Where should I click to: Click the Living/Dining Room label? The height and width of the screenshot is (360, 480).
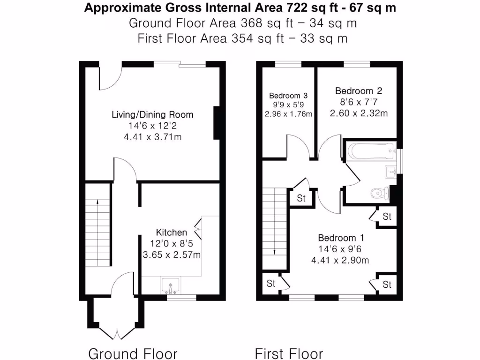(152, 114)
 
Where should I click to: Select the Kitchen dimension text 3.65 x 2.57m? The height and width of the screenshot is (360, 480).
(172, 255)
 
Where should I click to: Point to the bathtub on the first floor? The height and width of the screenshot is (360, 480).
(370, 151)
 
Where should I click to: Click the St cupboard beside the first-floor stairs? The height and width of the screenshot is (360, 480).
(301, 198)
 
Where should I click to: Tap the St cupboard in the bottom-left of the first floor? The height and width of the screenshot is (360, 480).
(271, 284)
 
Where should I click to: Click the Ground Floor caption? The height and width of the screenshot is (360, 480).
(133, 353)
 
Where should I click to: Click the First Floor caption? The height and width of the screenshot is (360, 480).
(289, 353)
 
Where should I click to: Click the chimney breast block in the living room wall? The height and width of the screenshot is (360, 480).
(217, 123)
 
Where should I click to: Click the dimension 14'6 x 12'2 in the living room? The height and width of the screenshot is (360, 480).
(152, 126)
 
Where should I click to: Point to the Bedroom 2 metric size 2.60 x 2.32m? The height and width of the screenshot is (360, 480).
(359, 113)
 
